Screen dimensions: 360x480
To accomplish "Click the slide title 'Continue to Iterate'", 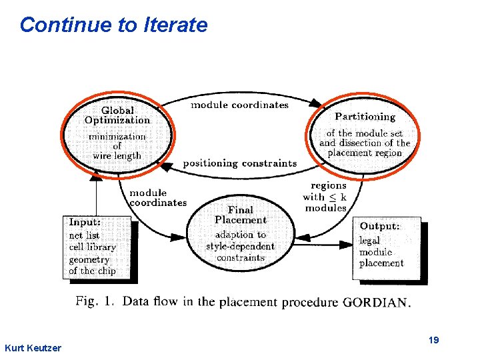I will point(113,25).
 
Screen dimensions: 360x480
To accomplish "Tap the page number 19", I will point(433,341).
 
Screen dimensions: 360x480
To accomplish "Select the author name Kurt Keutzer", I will point(33,348).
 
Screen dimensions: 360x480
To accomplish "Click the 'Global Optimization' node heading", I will point(117,115).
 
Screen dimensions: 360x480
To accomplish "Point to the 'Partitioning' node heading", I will point(365,117).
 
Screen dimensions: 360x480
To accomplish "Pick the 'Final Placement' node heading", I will point(241,215).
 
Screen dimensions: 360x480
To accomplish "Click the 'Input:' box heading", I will point(85,222).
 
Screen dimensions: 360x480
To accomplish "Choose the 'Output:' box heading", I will point(380,227).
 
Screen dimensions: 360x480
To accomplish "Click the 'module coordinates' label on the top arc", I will point(239,105).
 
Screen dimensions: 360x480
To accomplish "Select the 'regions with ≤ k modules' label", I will point(325,197).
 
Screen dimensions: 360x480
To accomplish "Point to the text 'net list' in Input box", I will point(84,235).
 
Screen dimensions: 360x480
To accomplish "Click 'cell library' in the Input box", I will point(92,247).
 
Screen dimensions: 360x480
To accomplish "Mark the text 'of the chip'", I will point(92,271).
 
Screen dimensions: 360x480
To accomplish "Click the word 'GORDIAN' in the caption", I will point(377,303).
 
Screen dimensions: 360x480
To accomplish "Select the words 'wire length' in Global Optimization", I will point(117,156).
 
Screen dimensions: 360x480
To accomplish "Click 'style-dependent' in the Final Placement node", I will point(240,246).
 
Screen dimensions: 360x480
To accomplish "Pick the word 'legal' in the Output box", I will point(369,241).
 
